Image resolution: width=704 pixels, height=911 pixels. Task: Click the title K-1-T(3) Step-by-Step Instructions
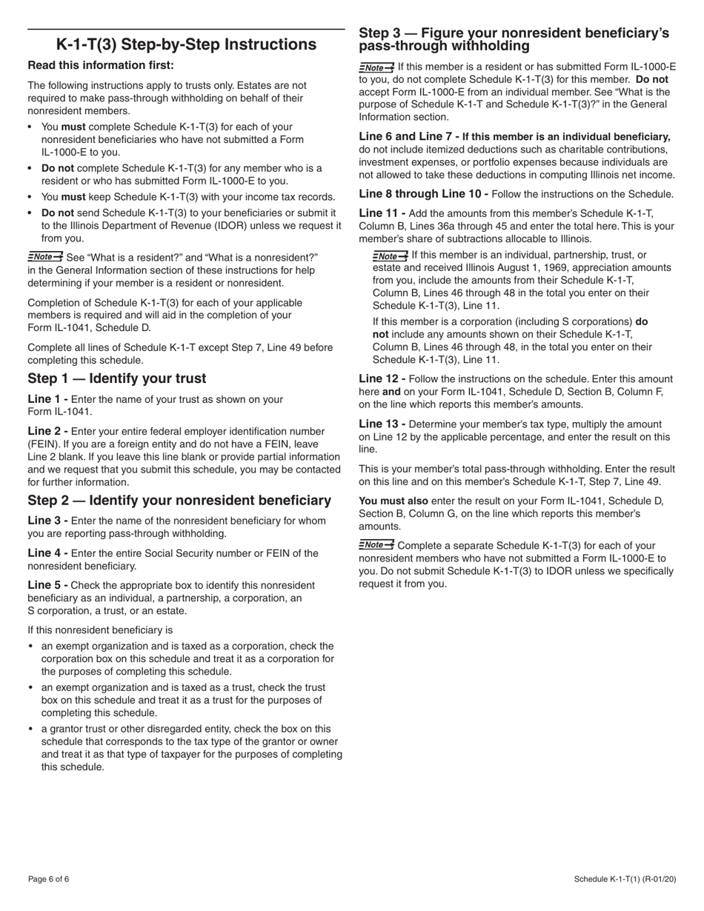[186, 44]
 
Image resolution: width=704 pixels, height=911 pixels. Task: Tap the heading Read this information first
[101, 65]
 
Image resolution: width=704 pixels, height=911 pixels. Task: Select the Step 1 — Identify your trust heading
[117, 378]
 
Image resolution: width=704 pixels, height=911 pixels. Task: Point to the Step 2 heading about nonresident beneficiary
[179, 500]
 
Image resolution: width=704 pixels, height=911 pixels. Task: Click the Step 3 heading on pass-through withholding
[514, 39]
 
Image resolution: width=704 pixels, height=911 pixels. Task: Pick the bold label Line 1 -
[48, 399]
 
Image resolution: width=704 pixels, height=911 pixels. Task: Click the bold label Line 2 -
[48, 431]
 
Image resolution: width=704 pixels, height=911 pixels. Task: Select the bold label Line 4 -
[48, 553]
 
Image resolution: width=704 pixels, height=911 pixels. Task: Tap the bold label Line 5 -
[48, 585]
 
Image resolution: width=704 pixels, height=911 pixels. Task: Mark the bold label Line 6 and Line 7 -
[409, 136]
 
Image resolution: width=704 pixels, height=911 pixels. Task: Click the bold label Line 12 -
[382, 378]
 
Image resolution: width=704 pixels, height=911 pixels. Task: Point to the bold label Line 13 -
[382, 424]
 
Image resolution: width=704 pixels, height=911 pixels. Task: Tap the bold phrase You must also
[393, 501]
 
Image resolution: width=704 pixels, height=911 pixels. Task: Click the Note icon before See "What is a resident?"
[45, 256]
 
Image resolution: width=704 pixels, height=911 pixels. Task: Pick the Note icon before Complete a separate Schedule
[376, 545]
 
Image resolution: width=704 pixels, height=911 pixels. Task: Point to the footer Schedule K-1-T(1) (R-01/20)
[625, 879]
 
